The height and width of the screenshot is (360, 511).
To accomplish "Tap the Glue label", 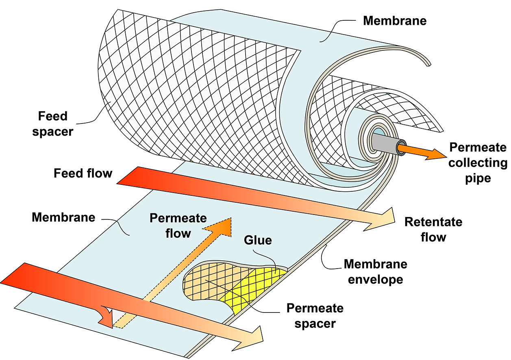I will pos(258,240).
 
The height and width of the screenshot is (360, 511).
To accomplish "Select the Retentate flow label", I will pos(433,229).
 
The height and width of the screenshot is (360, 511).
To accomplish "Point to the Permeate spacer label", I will pos(315,315).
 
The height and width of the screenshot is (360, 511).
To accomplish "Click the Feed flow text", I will pos(83,173).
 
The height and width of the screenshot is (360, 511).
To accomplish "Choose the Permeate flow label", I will pos(178,226).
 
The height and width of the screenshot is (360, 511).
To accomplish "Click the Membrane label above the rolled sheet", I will pos(395,21).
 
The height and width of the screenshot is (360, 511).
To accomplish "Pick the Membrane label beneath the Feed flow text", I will pos(63,217).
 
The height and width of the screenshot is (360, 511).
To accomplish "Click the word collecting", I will pos(478,163).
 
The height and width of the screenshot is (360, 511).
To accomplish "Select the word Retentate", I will pos(433,222).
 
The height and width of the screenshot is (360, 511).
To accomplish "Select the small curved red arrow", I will pos(106,317).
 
